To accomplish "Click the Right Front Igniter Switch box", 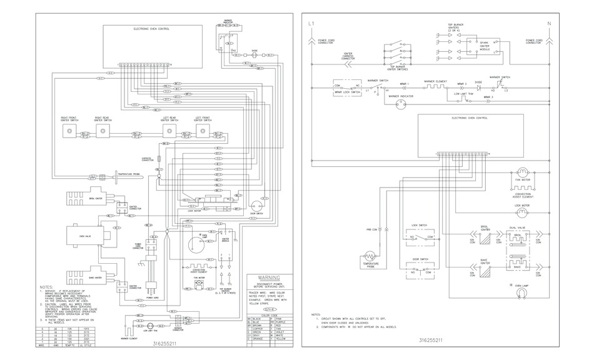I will [69, 132].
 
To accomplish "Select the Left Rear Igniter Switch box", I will [169, 132].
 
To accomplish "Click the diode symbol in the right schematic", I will [478, 89].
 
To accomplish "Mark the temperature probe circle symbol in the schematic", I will [371, 256].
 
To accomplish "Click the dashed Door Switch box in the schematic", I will [420, 270].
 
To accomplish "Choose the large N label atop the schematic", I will [549, 24].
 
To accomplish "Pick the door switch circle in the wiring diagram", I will [256, 204].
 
